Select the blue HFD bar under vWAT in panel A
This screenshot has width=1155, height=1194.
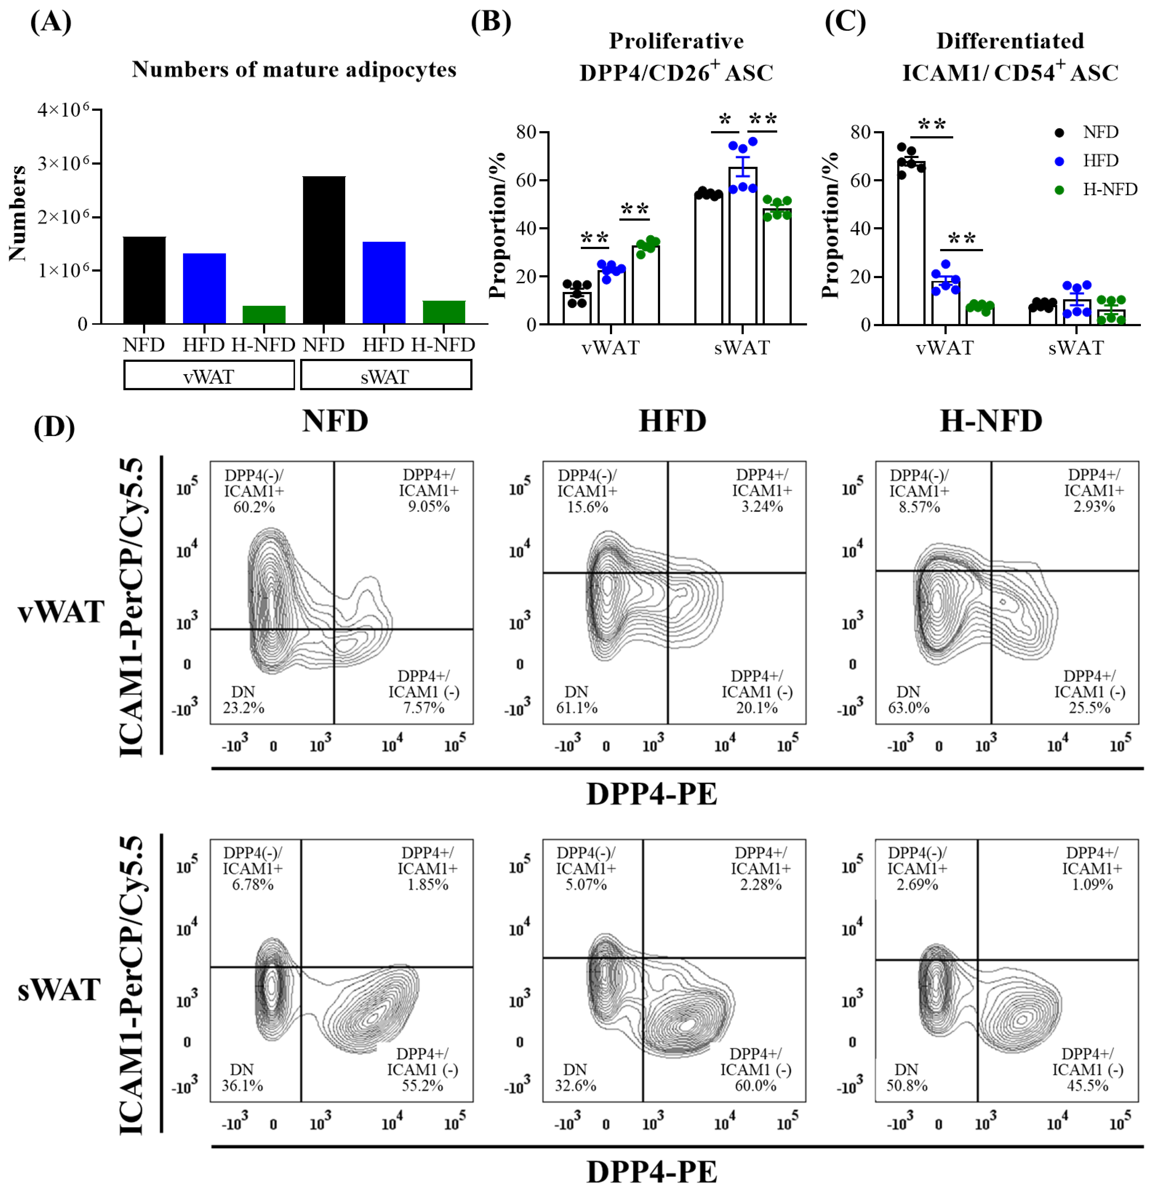[204, 288]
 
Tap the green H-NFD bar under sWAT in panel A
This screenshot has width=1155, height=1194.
[444, 312]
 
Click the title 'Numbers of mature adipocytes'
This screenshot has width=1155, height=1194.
[294, 69]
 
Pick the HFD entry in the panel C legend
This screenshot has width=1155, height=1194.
[1100, 161]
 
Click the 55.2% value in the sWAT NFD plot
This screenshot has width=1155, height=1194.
[422, 1086]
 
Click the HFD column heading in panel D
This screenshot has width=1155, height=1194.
[672, 421]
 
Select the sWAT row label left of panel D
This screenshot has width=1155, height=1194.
[59, 990]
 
